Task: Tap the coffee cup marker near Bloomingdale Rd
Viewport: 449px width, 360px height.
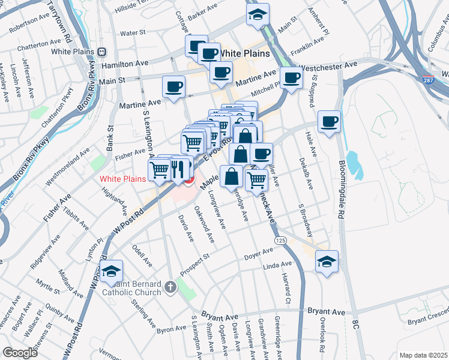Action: coord(330,122)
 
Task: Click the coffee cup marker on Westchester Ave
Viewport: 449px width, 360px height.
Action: coord(292,77)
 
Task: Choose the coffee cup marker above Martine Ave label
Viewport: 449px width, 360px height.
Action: coord(174,86)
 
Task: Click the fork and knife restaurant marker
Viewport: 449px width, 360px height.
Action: coord(176,169)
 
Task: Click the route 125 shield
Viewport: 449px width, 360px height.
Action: coord(281,240)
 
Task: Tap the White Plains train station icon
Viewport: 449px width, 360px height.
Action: coord(102,52)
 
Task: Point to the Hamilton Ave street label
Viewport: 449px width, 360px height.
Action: coord(124,64)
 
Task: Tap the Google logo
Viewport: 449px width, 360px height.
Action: coord(20,352)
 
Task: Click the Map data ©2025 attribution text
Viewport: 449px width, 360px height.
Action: coord(423,355)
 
